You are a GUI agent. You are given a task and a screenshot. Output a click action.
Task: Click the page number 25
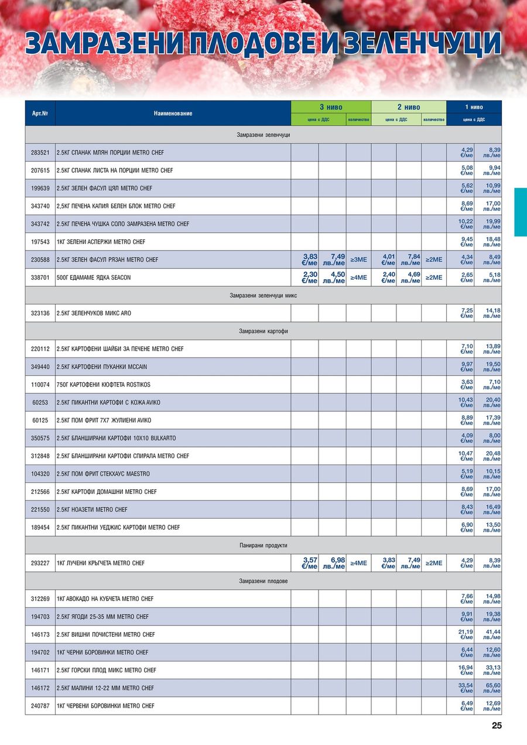click(x=497, y=726)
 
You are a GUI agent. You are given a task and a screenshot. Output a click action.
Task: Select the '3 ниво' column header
click(x=331, y=107)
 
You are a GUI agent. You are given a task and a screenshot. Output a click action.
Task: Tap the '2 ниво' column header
click(x=409, y=107)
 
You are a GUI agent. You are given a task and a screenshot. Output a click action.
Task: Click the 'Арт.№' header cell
click(x=40, y=113)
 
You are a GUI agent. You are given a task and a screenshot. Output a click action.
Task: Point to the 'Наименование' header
click(x=173, y=113)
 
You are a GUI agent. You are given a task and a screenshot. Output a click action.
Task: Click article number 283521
click(x=40, y=153)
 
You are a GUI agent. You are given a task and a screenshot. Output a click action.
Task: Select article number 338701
click(x=40, y=277)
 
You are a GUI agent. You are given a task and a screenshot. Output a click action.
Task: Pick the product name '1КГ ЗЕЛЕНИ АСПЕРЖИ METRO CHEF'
click(x=101, y=242)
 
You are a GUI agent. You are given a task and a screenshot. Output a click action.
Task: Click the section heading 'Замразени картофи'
click(x=263, y=331)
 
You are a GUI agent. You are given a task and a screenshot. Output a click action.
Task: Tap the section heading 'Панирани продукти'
click(x=263, y=545)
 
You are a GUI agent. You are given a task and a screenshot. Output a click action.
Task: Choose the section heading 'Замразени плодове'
click(x=263, y=581)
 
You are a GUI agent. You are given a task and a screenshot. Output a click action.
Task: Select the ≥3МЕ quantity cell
click(x=358, y=260)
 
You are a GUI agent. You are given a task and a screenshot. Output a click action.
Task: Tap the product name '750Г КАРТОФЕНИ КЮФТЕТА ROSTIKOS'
click(x=104, y=384)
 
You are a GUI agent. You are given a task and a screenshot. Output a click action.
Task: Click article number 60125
click(x=40, y=420)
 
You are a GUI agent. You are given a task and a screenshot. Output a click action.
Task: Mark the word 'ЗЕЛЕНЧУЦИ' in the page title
click(x=422, y=44)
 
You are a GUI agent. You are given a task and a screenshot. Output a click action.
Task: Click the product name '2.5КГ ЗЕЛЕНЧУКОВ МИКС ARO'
click(x=94, y=313)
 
